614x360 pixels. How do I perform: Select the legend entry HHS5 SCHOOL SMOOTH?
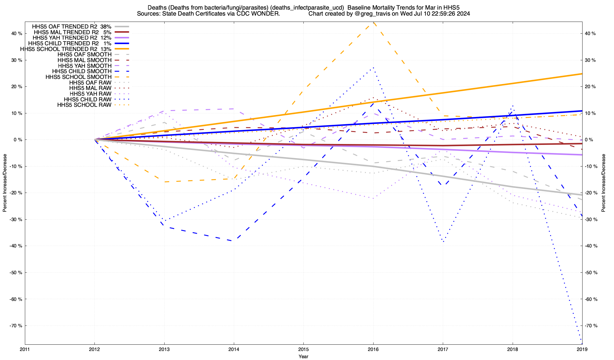click(78, 77)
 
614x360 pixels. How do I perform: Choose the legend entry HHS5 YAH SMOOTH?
click(85, 66)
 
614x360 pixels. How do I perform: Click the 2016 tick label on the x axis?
click(373, 349)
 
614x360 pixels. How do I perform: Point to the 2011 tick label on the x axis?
click(25, 349)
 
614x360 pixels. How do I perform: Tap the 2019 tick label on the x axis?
click(582, 349)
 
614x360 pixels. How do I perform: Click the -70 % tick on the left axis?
click(16, 325)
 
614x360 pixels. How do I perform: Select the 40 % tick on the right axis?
click(591, 34)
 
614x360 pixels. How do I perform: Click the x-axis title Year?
click(303, 356)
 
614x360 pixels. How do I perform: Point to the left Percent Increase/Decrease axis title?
click(5, 183)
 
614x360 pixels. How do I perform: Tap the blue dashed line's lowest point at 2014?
click(234, 241)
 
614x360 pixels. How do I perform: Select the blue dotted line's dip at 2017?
click(443, 242)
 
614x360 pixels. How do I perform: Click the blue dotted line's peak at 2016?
click(373, 68)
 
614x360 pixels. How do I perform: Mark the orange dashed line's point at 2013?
click(164, 182)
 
